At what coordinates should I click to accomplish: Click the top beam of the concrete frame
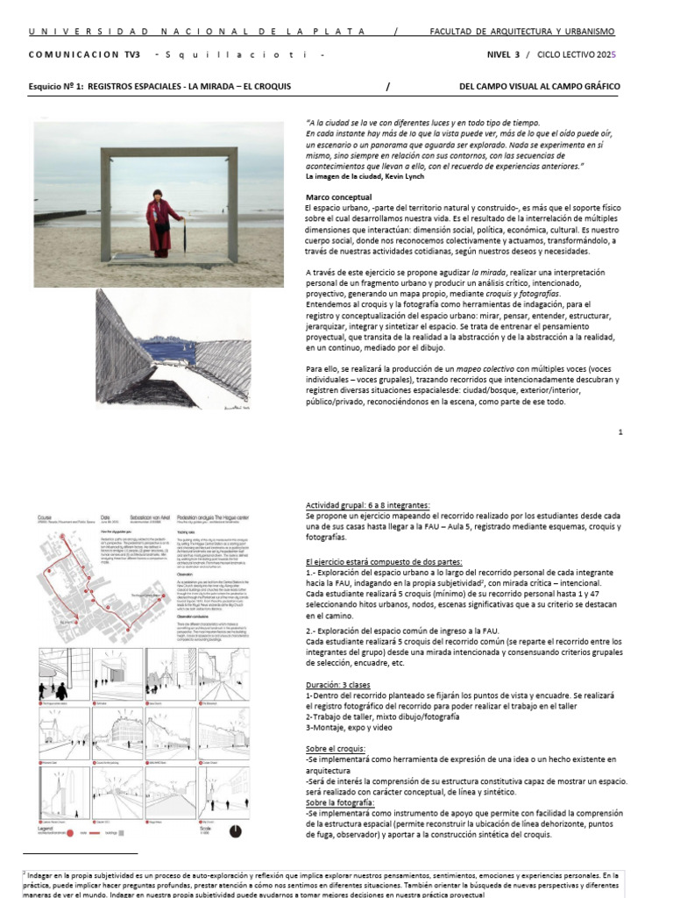click(174, 154)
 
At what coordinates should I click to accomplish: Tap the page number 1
click(620, 432)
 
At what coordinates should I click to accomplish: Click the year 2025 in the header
click(606, 54)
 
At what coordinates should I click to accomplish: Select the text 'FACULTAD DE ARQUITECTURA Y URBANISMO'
click(521, 32)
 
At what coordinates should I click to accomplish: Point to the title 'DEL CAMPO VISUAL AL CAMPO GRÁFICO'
click(539, 87)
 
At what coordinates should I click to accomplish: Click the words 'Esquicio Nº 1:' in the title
click(55, 87)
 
